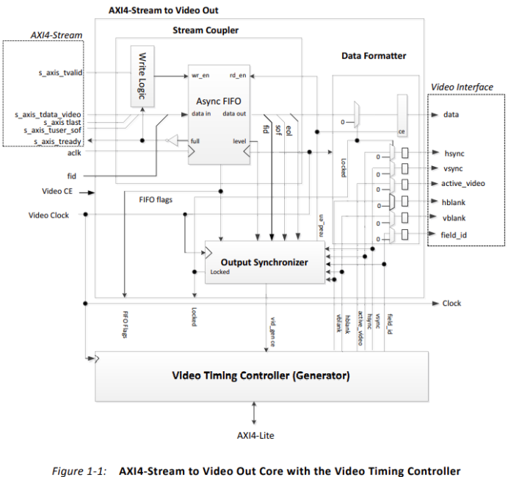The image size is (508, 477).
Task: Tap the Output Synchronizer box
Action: coord(264,262)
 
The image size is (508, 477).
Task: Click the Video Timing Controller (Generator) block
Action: coord(261,375)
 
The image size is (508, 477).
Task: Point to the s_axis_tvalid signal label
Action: coord(60,73)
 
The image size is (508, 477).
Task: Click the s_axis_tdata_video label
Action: coord(48,115)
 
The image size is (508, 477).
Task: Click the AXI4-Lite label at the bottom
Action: coord(254,435)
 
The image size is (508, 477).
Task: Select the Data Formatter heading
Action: coord(374,56)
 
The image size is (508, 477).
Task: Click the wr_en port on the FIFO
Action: coord(201,76)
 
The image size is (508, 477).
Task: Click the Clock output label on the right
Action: coord(451,303)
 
